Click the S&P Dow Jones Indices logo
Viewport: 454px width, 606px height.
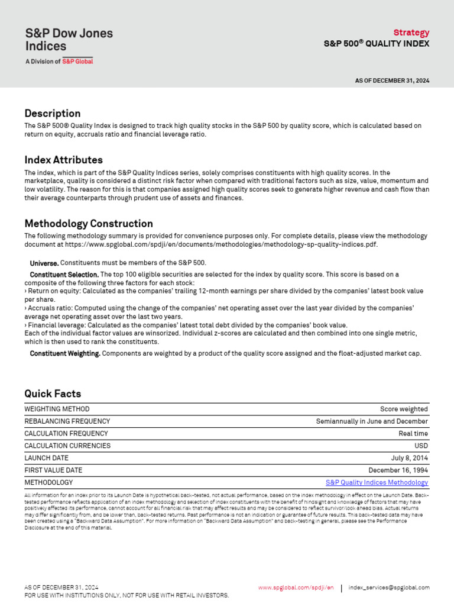(69, 40)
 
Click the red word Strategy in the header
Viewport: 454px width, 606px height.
(411, 33)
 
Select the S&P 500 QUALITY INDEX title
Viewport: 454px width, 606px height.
(376, 44)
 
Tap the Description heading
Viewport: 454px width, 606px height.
(52, 113)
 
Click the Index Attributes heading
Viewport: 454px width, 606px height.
(63, 160)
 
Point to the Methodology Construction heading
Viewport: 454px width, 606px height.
(88, 224)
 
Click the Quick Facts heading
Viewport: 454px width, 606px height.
(53, 394)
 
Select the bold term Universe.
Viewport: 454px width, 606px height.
(44, 263)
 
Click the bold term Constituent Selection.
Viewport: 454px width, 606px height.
(64, 275)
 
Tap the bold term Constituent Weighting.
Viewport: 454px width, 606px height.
(65, 354)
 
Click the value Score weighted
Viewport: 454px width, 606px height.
(404, 409)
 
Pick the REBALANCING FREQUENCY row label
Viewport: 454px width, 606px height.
(67, 421)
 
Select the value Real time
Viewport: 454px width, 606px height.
(413, 434)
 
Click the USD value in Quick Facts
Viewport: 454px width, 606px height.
(421, 446)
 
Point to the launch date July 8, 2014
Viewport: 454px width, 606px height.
(409, 458)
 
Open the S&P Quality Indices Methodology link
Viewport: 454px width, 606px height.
(377, 483)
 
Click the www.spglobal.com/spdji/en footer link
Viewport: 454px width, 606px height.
(296, 588)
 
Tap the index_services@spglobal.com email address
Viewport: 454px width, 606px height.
(389, 588)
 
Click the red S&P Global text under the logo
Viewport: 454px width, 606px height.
(77, 61)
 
